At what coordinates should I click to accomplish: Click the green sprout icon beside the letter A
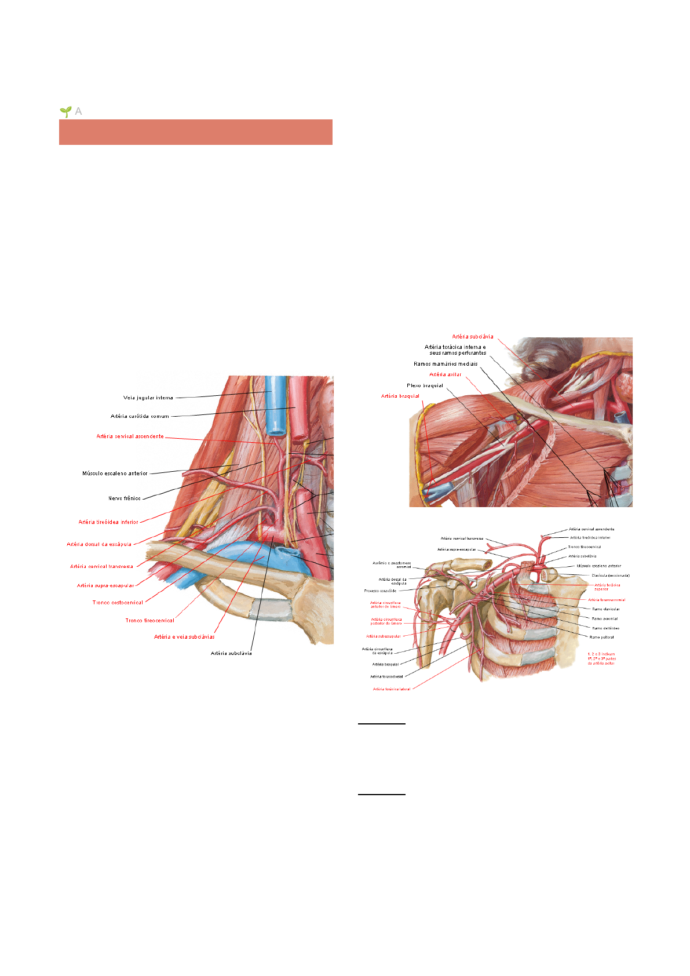[x=65, y=111]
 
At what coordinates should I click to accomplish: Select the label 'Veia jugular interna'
[x=148, y=398]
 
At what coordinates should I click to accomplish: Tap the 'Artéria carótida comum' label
[x=140, y=416]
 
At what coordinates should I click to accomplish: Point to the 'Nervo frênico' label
[x=124, y=498]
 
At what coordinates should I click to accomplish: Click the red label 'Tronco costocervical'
[x=118, y=603]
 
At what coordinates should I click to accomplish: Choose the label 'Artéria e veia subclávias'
[x=184, y=637]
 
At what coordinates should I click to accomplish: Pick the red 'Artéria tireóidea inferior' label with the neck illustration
[x=108, y=522]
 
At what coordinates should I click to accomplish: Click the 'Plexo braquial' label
[x=425, y=385]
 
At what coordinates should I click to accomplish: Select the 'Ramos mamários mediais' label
[x=446, y=364]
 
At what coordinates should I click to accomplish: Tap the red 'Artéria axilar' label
[x=445, y=374]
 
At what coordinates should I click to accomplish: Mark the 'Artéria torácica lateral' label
[x=391, y=689]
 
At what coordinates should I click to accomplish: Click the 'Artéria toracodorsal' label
[x=386, y=676]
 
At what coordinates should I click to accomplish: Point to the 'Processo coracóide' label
[x=380, y=591]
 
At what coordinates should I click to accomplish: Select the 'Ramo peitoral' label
[x=601, y=637]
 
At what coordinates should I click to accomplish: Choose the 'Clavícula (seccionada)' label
[x=610, y=576]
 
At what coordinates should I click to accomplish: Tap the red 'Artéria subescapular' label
[x=383, y=636]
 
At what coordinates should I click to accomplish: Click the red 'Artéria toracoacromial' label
[x=607, y=600]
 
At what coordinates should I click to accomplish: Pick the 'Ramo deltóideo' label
[x=605, y=628]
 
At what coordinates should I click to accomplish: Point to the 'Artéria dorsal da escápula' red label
[x=99, y=544]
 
